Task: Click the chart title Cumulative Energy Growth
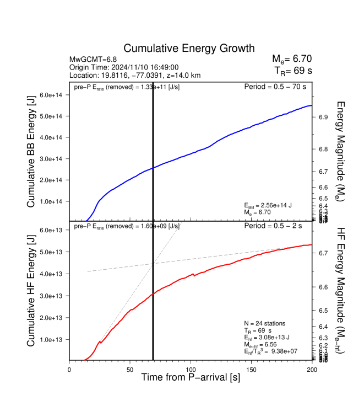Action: pos(189,49)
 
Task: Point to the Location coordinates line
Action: pos(134,74)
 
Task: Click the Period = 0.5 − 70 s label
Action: pos(275,87)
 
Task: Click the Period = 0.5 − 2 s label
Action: pos(277,226)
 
